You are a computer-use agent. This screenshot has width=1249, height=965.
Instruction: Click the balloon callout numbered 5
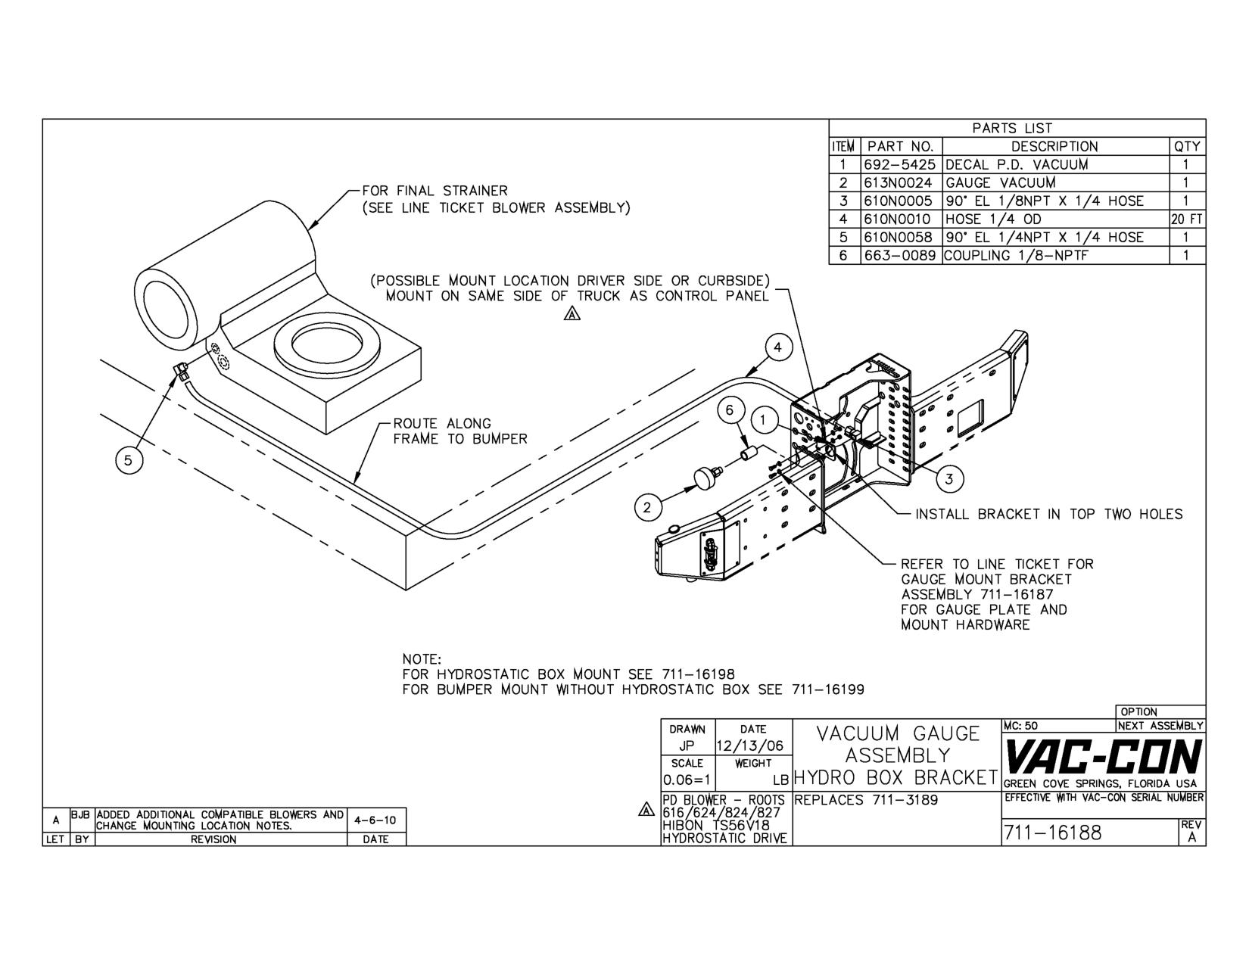tap(128, 460)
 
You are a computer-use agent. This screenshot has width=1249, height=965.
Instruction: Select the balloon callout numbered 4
tap(778, 347)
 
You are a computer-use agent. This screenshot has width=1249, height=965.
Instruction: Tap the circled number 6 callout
tap(730, 409)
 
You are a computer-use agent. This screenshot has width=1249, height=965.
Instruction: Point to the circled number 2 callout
tap(648, 508)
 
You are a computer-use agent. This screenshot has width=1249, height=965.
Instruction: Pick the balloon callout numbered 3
tap(949, 479)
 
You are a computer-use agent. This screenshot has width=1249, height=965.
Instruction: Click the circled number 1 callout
tap(763, 421)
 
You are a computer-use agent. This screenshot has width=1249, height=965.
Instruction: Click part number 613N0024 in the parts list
tap(898, 182)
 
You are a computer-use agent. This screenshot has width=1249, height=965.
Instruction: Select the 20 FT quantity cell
tap(1187, 219)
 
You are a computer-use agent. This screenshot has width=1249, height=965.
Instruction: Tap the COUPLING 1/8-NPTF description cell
tap(1016, 255)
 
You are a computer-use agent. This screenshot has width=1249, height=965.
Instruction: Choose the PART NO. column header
tap(901, 147)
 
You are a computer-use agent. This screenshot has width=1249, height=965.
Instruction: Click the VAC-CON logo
tap(1102, 756)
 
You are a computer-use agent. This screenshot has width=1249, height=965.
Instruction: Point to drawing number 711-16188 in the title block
tap(1052, 833)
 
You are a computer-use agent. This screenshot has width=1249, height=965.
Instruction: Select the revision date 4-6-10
tap(375, 820)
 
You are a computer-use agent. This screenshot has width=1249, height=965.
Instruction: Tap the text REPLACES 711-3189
tap(866, 800)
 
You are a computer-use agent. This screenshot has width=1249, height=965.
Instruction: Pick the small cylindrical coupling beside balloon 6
tap(747, 453)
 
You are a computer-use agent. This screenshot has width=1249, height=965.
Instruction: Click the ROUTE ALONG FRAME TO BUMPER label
tap(459, 431)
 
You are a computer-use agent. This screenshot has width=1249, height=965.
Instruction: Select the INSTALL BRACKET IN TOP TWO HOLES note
tap(1049, 514)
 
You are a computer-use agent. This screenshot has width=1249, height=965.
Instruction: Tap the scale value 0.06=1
tap(687, 780)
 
